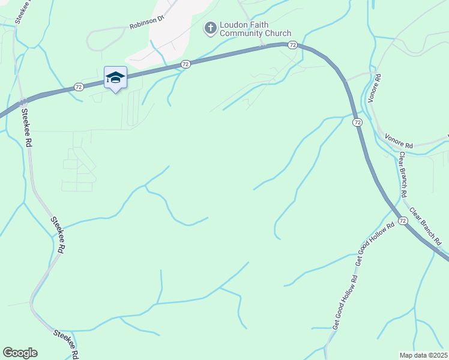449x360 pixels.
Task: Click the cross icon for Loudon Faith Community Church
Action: (211, 28)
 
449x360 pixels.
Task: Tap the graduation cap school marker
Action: (115, 77)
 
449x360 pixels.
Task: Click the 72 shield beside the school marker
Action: (79, 87)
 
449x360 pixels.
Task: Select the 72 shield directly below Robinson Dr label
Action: (185, 64)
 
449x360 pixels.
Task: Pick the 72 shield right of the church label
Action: (292, 45)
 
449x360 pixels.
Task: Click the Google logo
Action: (20, 353)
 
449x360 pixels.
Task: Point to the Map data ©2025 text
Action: (424, 355)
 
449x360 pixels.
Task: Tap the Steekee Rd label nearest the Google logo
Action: (66, 343)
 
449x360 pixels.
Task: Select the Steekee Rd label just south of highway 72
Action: (26, 127)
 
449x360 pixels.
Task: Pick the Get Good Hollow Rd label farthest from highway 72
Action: (345, 303)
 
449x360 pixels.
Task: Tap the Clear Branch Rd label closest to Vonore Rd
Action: (403, 175)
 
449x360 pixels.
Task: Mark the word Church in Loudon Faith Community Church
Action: (277, 34)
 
